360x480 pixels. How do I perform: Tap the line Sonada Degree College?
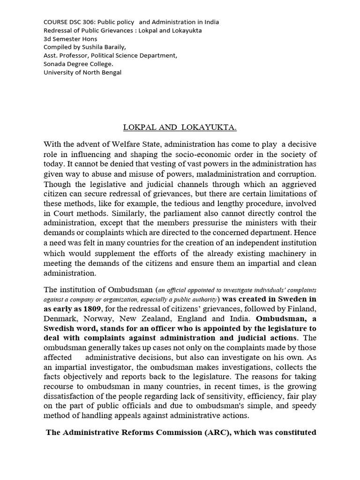[x=78, y=64]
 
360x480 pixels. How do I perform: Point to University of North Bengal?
[x=82, y=73]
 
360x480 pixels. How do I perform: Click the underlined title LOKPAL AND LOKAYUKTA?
[x=180, y=127]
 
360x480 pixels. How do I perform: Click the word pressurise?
[x=240, y=223]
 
